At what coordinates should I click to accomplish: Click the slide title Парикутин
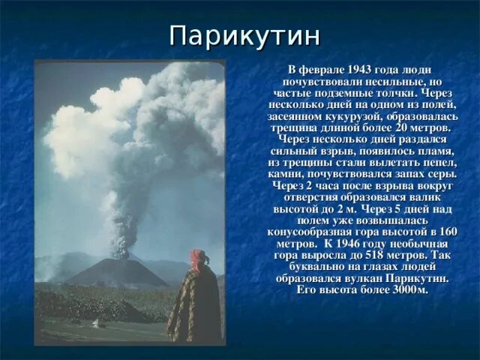(x=245, y=35)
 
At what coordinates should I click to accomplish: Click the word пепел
(x=439, y=162)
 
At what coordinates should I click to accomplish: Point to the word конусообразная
(x=308, y=232)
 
